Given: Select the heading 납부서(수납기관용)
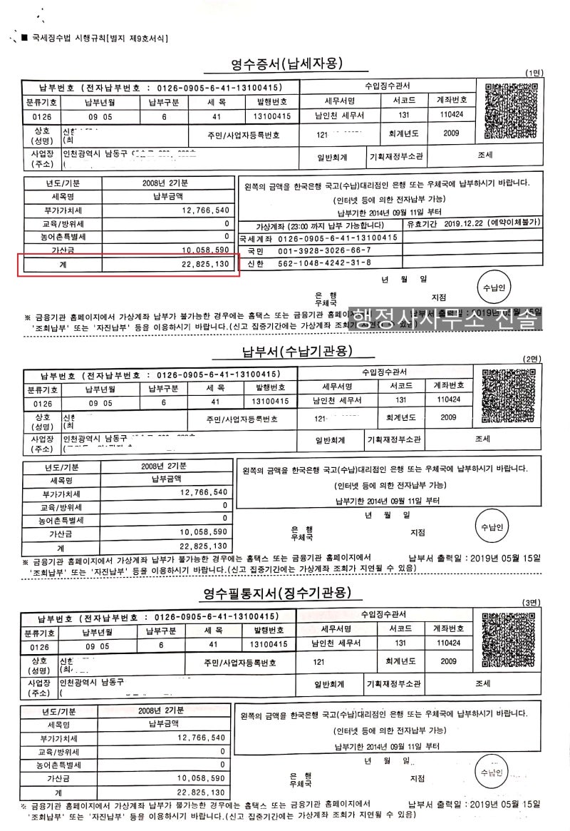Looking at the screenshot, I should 294,350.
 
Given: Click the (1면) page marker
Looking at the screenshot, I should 534,73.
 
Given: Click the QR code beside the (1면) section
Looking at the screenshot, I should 510,111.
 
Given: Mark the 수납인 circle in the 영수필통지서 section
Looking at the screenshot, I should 492,773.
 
